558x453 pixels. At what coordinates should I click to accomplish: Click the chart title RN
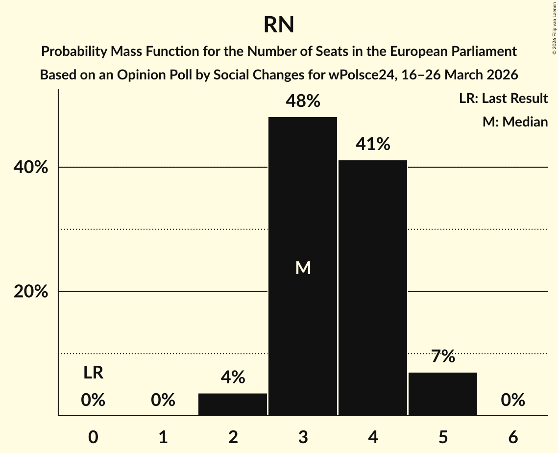279,25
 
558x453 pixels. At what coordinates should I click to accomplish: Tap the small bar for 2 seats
233,404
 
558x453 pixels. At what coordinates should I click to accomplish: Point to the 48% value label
303,101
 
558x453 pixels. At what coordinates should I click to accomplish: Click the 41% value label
373,144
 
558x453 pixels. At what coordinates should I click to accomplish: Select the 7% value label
443,357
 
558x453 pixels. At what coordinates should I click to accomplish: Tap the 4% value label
233,377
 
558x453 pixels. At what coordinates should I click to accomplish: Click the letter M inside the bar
303,268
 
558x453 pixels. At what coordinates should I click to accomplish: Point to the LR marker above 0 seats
93,373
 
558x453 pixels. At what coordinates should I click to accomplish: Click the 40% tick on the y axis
30,168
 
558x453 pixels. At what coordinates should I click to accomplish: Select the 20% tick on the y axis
30,292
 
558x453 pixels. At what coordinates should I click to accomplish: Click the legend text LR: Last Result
503,99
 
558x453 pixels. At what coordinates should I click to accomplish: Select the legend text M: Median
515,122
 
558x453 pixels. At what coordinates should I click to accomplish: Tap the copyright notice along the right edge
554,27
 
